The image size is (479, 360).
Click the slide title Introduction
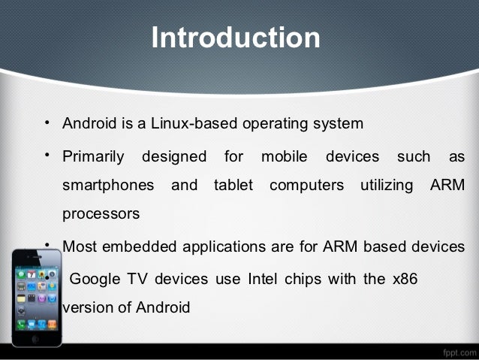(236, 37)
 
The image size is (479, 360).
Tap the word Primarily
(93, 157)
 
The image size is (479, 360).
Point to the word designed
(174, 157)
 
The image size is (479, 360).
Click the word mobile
(285, 157)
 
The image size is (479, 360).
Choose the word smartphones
(108, 185)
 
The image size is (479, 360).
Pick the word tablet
(233, 185)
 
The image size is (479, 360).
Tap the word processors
(101, 213)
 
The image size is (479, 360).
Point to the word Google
(95, 279)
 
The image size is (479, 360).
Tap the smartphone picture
(36, 296)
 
